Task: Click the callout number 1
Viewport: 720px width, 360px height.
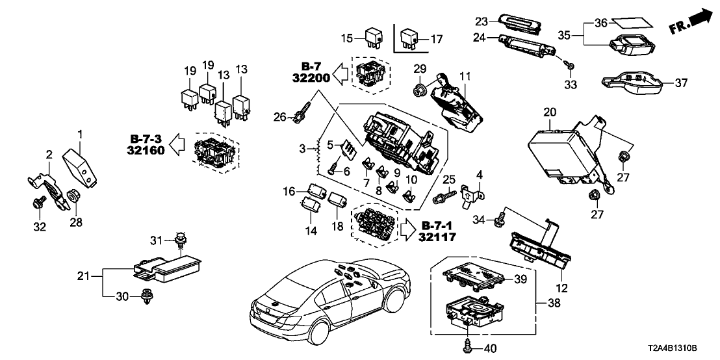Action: coord(81,135)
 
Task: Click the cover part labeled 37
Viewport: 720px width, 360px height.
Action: coord(630,84)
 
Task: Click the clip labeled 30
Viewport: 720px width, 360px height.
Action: coord(145,296)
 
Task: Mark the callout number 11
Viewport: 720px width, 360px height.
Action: coord(463,75)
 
